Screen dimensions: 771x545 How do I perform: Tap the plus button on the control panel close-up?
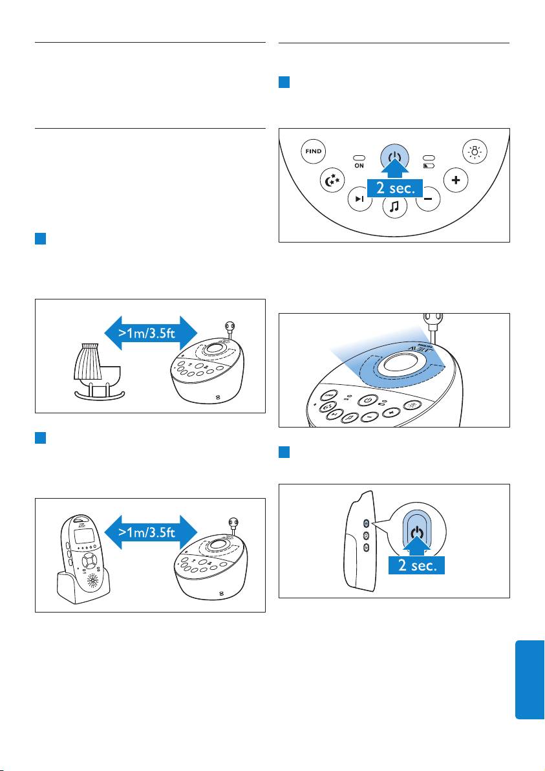click(x=456, y=180)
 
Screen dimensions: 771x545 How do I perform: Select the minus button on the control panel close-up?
click(x=427, y=200)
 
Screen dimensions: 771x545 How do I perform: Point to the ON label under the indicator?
click(x=359, y=166)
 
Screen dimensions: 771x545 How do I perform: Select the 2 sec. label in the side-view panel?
click(x=418, y=567)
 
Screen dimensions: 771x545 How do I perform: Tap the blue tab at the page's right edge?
click(x=529, y=679)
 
